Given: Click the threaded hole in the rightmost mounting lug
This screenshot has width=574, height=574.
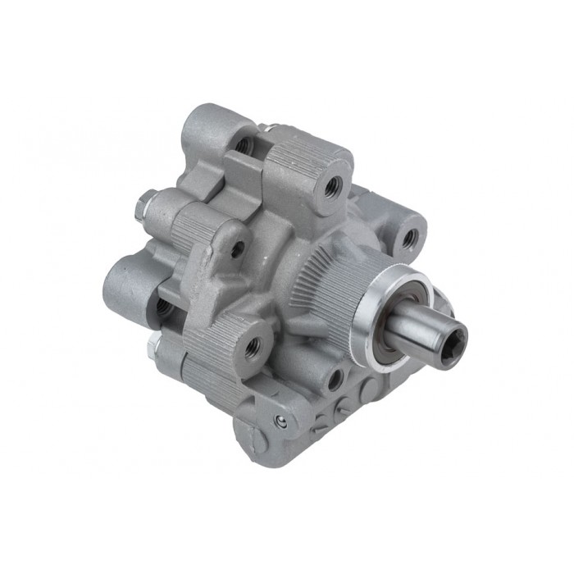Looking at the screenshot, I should (410, 239).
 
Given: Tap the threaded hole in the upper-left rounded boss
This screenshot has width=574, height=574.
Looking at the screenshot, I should (243, 144).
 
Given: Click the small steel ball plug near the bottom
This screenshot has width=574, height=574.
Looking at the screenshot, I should (282, 421).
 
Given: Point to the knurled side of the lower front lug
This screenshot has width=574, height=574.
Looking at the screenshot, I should (213, 361).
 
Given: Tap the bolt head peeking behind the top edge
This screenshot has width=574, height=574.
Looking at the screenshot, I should (266, 128).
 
